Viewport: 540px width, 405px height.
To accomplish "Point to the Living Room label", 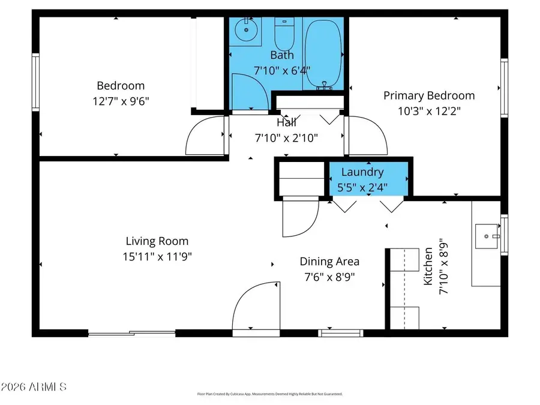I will point(157,241).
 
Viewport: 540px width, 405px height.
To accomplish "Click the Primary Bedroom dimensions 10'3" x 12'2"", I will point(428,110).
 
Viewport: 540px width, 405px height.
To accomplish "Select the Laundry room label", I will point(362,172).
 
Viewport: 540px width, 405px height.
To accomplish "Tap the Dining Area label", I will point(329,261).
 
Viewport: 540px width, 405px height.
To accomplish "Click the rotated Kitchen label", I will point(428,266).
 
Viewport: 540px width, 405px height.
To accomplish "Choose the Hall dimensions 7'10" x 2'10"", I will point(286,137).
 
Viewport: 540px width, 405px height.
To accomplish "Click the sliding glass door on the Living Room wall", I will point(132,332).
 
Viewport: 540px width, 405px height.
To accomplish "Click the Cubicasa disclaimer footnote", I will point(270,394).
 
